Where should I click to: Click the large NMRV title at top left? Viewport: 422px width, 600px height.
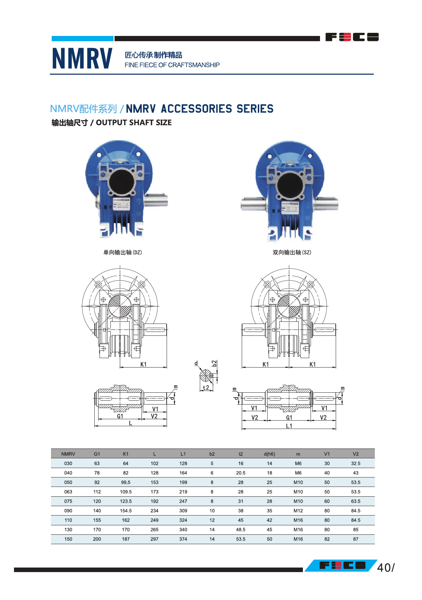[x=82, y=58]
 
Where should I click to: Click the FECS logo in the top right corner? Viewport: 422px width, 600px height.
[x=352, y=37]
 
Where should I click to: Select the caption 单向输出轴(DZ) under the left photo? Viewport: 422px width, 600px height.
[x=123, y=252]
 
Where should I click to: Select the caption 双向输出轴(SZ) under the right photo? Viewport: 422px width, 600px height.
[x=292, y=252]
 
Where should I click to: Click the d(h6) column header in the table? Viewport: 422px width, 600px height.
[x=269, y=454]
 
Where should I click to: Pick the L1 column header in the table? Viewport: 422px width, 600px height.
[x=183, y=454]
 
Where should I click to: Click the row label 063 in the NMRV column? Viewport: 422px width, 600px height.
[x=68, y=492]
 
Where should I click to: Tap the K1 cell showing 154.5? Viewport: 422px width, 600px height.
[x=126, y=511]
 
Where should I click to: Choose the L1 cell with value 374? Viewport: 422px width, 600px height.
[x=183, y=539]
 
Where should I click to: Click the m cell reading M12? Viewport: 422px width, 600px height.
[x=298, y=511]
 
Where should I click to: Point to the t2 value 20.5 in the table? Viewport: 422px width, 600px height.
[x=241, y=473]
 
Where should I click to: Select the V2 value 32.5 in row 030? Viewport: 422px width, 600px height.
[x=356, y=464]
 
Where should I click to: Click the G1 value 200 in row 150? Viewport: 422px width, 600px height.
[x=97, y=539]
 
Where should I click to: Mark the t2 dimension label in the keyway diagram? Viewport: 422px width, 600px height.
[x=206, y=388]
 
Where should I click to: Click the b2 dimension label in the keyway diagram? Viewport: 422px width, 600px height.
[x=214, y=363]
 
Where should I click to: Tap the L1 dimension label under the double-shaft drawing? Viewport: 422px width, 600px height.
[x=289, y=426]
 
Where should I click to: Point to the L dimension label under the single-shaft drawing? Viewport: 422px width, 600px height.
[x=130, y=423]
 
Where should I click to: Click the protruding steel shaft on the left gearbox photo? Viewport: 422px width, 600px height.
[x=156, y=200]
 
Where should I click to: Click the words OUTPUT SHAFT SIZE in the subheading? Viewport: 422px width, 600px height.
[x=133, y=123]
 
